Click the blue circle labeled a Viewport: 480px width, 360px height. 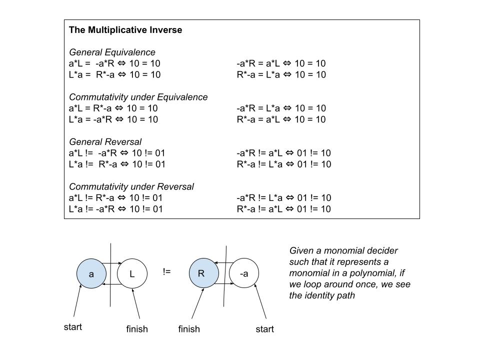(x=91, y=274)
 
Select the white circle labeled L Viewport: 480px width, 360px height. (x=132, y=274)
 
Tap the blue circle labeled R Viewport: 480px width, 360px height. (x=201, y=273)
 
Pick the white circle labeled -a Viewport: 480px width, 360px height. (x=244, y=273)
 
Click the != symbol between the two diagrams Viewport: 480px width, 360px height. (x=167, y=272)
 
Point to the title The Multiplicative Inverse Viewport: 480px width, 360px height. (x=125, y=30)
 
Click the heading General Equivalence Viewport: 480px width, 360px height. (x=112, y=52)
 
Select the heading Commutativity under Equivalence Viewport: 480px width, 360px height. (x=138, y=97)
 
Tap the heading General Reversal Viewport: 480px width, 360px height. (x=105, y=142)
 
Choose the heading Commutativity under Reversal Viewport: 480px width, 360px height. (x=131, y=186)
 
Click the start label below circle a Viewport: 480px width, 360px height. (x=73, y=327)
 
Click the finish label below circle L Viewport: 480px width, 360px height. (x=137, y=329)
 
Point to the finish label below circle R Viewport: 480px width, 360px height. (x=189, y=329)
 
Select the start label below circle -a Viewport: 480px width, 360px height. (x=264, y=329)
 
